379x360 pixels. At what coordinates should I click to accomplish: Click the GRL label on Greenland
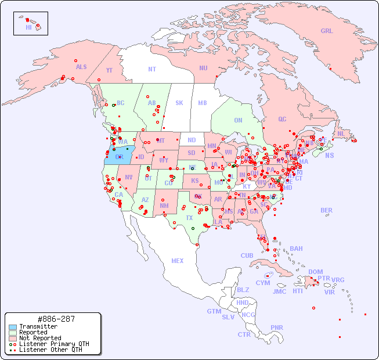coord(327,31)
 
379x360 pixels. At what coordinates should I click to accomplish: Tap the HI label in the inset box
coord(28,27)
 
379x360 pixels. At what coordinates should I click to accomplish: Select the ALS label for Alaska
coord(81,67)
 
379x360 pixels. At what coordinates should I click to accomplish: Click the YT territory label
coord(109,70)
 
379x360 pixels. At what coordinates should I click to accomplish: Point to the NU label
coord(203,69)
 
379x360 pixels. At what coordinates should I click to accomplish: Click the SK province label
coord(179,103)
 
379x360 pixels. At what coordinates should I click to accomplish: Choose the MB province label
coord(203,103)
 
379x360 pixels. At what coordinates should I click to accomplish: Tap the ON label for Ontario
coord(238,121)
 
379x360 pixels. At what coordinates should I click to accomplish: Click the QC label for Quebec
coord(282,120)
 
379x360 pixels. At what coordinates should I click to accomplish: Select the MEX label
coord(178,261)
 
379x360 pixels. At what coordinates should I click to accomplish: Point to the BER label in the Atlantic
coord(326,211)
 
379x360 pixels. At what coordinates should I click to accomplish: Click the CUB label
coord(247,256)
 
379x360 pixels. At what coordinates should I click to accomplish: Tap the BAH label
coord(296,249)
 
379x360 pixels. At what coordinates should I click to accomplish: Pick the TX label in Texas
coord(189,218)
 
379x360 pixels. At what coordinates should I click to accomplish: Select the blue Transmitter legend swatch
coord(12,327)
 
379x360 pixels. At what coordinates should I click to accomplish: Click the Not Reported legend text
coord(40,338)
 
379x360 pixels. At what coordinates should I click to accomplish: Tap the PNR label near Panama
coord(277,327)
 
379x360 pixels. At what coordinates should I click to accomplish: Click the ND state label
coord(192,141)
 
